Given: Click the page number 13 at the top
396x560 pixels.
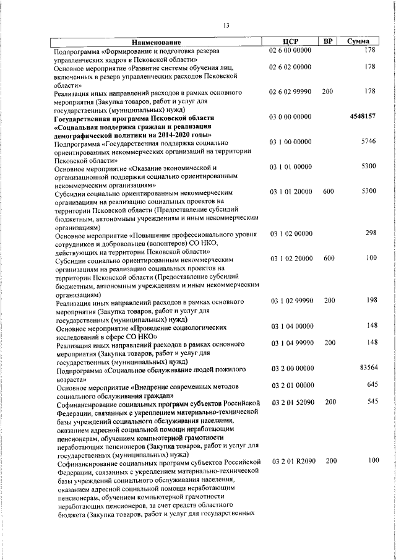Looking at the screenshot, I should (x=226, y=25).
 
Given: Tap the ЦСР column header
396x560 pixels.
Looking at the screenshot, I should (x=290, y=41).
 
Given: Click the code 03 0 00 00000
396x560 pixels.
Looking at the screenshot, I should (x=291, y=116).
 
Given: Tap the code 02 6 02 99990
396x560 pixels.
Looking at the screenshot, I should (x=291, y=92).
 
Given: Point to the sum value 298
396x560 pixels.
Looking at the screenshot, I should (x=370, y=233).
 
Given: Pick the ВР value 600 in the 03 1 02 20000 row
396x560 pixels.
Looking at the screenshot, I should (x=329, y=258).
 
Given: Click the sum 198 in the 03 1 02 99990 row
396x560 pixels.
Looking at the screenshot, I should (x=370, y=300).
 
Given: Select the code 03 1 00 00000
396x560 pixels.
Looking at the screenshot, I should (x=291, y=142).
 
